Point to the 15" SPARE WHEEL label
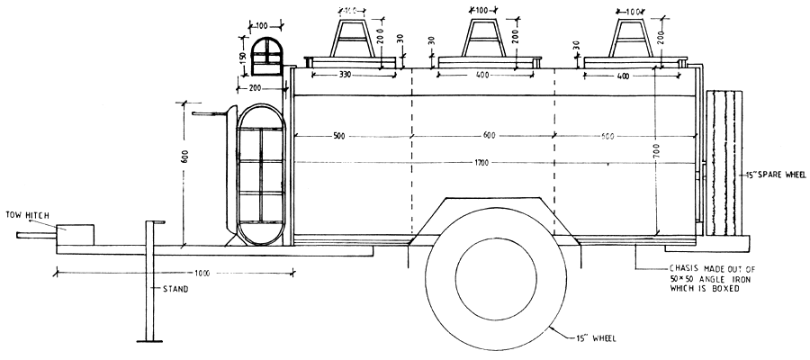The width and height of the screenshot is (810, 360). tap(771, 175)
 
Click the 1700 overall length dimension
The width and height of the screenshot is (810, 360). tap(486, 163)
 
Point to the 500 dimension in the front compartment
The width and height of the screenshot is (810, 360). tap(338, 136)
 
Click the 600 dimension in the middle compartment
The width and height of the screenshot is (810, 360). tap(488, 136)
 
